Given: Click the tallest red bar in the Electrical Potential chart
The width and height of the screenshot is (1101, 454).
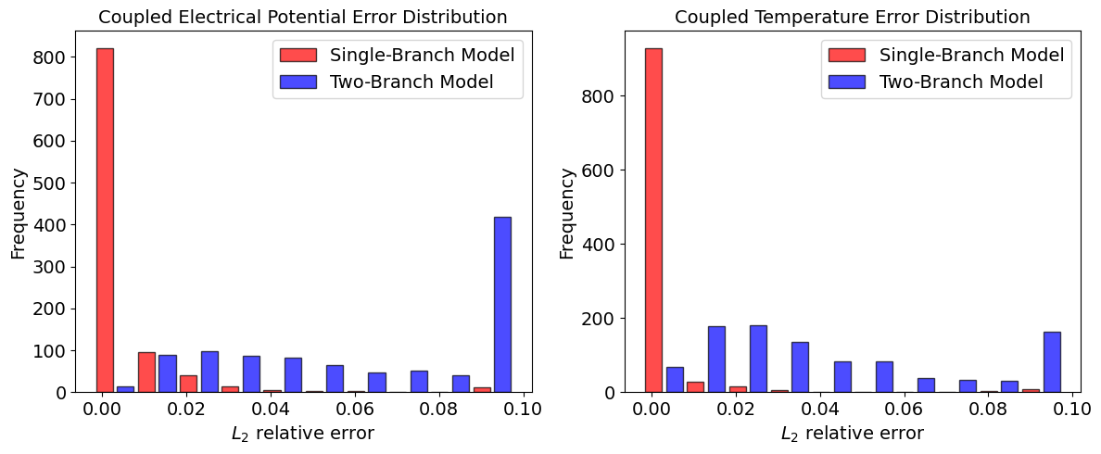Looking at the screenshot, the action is coord(105,221).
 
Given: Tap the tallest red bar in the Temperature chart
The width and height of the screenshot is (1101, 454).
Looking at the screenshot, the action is coord(653,221).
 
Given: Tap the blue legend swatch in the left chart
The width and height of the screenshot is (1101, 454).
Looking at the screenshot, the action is coord(298,82).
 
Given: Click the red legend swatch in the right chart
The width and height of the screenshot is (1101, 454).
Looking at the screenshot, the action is coord(847,55).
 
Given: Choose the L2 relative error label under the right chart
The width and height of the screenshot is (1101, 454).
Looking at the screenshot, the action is coord(853,435).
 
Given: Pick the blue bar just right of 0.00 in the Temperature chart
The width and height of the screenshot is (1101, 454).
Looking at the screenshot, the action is coord(675,380).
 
